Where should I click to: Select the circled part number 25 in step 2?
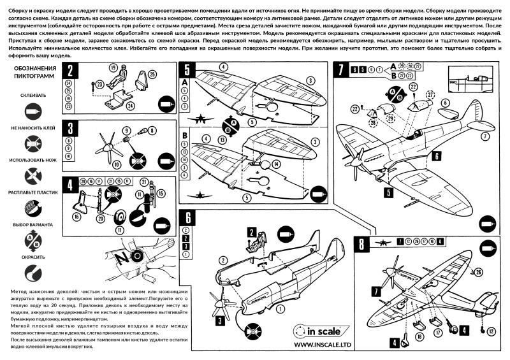click(x=152, y=75)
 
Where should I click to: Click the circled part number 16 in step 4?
click(x=77, y=217)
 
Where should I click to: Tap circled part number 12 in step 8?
click(x=491, y=331)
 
